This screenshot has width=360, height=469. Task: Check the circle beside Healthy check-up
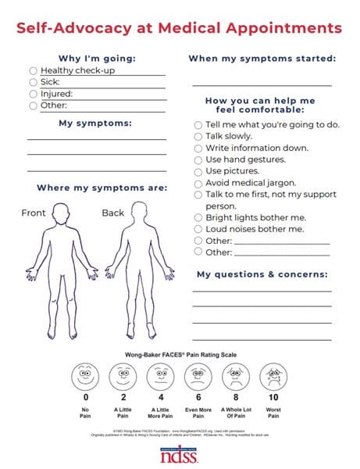point(33,70)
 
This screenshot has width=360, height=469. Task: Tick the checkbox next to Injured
point(33,94)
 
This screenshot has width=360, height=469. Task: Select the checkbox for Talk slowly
point(198,136)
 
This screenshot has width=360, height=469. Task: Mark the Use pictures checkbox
point(198,171)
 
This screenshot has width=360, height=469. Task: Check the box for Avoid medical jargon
point(198,183)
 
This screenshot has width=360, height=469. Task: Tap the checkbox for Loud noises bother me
point(198,229)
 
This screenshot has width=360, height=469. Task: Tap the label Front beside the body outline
point(34,213)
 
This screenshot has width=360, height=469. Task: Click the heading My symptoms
point(96,123)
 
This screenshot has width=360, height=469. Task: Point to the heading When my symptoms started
point(262,59)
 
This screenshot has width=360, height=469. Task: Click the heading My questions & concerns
point(262,274)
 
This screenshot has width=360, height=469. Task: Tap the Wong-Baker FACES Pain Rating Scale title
point(180,354)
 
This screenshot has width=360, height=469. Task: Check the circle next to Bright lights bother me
point(198,217)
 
